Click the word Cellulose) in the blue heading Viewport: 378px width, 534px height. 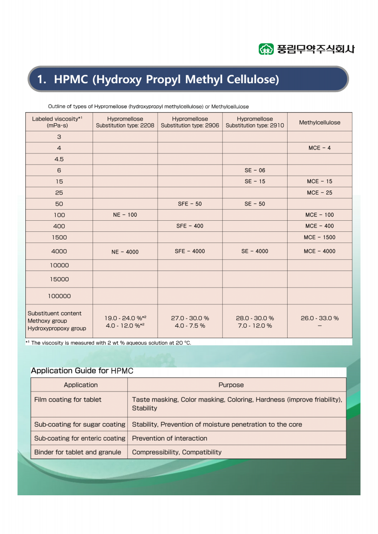point(253,80)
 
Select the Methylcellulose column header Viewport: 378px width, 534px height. point(319,122)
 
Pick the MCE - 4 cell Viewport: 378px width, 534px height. point(319,148)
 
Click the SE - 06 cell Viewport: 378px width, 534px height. point(255,170)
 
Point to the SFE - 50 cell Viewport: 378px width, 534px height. point(190,204)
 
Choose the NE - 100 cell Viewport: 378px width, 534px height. point(125,215)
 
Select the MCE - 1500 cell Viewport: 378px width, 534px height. point(319,237)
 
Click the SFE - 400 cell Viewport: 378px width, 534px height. point(190,226)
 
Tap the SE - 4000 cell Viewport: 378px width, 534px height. point(255,251)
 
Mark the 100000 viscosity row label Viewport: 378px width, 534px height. point(59,296)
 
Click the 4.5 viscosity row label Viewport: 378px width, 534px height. point(59,159)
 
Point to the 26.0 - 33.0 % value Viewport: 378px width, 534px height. point(319,318)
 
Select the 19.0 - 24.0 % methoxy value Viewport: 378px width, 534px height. point(125,318)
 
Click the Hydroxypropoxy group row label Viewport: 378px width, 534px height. point(57,328)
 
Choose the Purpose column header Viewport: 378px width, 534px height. point(231,385)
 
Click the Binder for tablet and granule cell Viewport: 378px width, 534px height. point(77,452)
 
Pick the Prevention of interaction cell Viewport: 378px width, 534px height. point(170,438)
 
